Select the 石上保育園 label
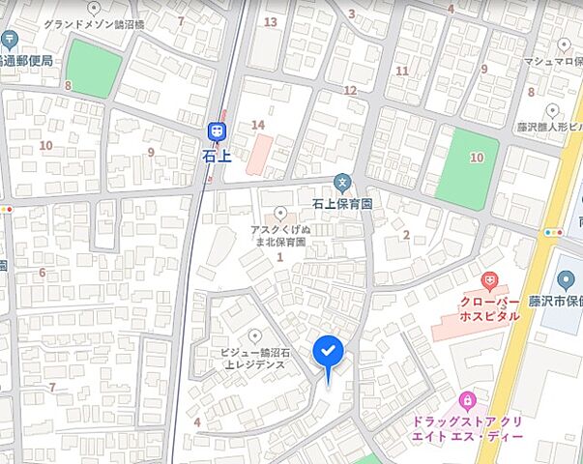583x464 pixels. coord(342,204)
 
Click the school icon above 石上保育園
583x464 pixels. coord(341,182)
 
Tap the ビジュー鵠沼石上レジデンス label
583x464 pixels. coord(254,360)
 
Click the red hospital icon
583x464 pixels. coord(490,281)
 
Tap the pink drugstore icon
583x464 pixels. coord(467,399)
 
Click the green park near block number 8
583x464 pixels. coord(96,69)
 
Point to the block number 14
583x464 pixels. coord(257,125)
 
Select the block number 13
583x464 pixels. coord(270,21)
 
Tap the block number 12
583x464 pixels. coord(350,90)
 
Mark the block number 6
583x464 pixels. coord(42,273)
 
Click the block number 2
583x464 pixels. coord(406,234)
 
